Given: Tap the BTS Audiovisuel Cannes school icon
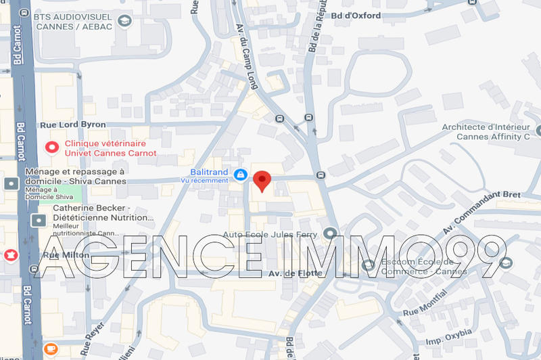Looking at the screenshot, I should click(x=124, y=21).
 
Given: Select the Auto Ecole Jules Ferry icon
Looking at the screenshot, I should click(x=330, y=234).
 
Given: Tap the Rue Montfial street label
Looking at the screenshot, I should click(x=425, y=302).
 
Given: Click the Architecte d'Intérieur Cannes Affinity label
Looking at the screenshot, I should click(x=486, y=131).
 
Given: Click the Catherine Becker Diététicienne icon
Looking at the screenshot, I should click(x=39, y=221).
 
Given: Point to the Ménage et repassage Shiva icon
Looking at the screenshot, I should click(x=11, y=183).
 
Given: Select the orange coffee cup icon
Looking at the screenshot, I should click(x=50, y=348).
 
